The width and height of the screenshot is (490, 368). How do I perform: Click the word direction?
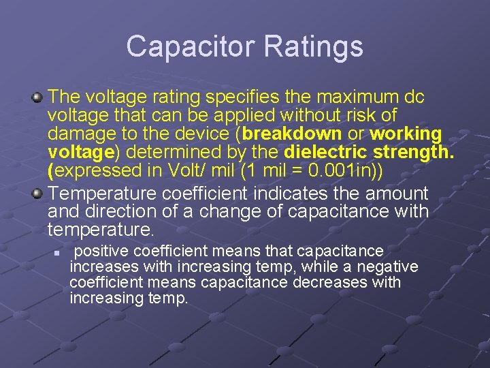tap(126, 211)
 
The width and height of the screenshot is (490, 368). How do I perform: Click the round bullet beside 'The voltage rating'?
tap(38, 97)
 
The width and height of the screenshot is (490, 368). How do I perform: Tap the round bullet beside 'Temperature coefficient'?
tap(38, 194)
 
